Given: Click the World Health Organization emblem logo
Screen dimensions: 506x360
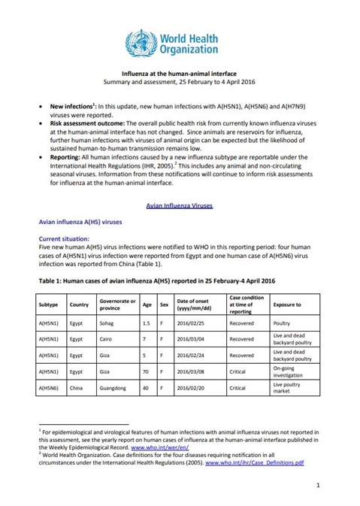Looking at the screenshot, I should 140,39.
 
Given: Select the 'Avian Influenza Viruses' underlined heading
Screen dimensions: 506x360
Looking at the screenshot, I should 179,204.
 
